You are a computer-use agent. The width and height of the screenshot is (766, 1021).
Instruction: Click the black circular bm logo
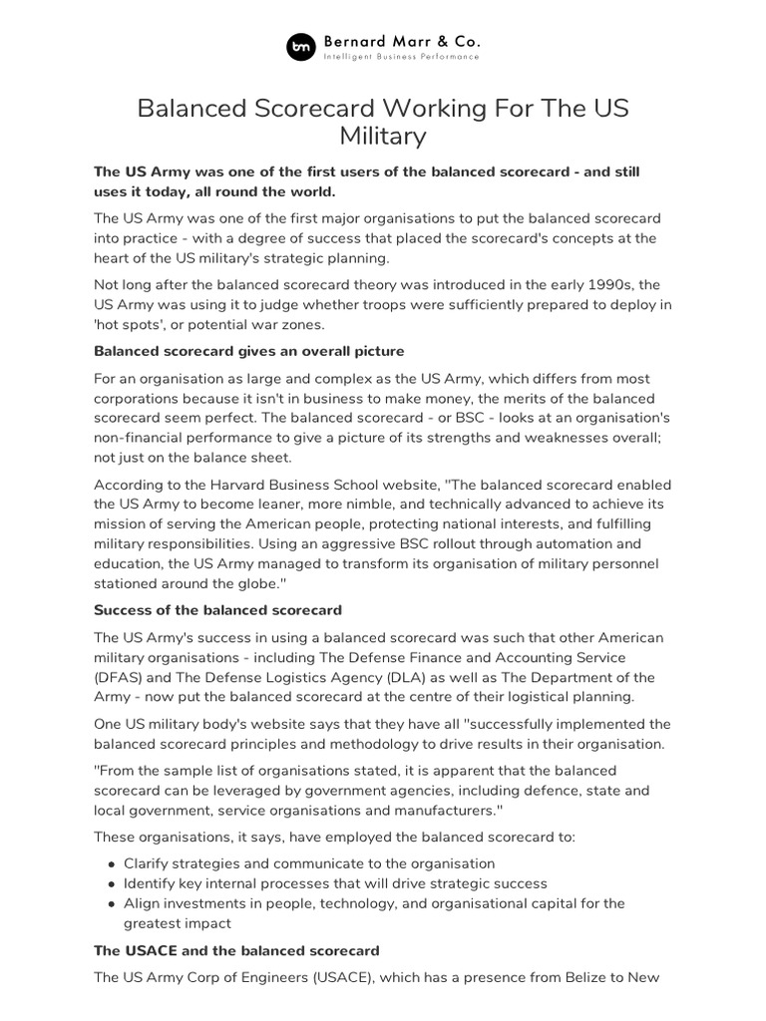point(300,47)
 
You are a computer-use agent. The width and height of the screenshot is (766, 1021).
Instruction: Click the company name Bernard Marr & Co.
point(401,41)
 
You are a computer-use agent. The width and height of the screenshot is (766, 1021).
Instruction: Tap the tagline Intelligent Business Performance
point(401,57)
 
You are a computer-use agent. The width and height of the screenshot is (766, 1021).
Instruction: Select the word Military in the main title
point(383,135)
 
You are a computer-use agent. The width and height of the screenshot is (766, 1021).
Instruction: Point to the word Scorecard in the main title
point(313,107)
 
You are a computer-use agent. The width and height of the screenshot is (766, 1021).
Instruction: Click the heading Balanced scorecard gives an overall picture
point(248,351)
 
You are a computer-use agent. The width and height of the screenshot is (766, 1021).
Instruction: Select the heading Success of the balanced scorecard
point(217,609)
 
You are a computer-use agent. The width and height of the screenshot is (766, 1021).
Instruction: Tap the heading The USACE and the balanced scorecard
point(236,950)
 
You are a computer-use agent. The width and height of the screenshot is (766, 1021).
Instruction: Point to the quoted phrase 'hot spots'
point(130,324)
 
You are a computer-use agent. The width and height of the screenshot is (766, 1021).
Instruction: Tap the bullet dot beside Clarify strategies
point(109,863)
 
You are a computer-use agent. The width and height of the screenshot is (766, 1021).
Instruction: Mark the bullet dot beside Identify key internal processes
point(109,883)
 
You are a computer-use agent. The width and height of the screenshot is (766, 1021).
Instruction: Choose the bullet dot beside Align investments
point(109,903)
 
